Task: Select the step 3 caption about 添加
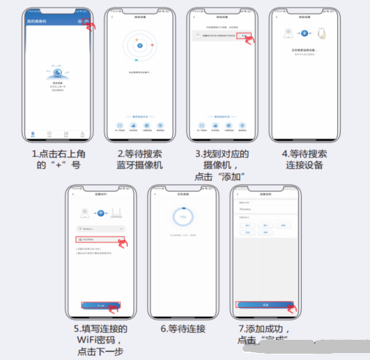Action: coord(222,164)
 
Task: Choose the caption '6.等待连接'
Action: coord(183,327)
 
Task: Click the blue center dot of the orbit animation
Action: coord(140,47)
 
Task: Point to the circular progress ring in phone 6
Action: coord(183,218)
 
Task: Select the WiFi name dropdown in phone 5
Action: coord(100,228)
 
